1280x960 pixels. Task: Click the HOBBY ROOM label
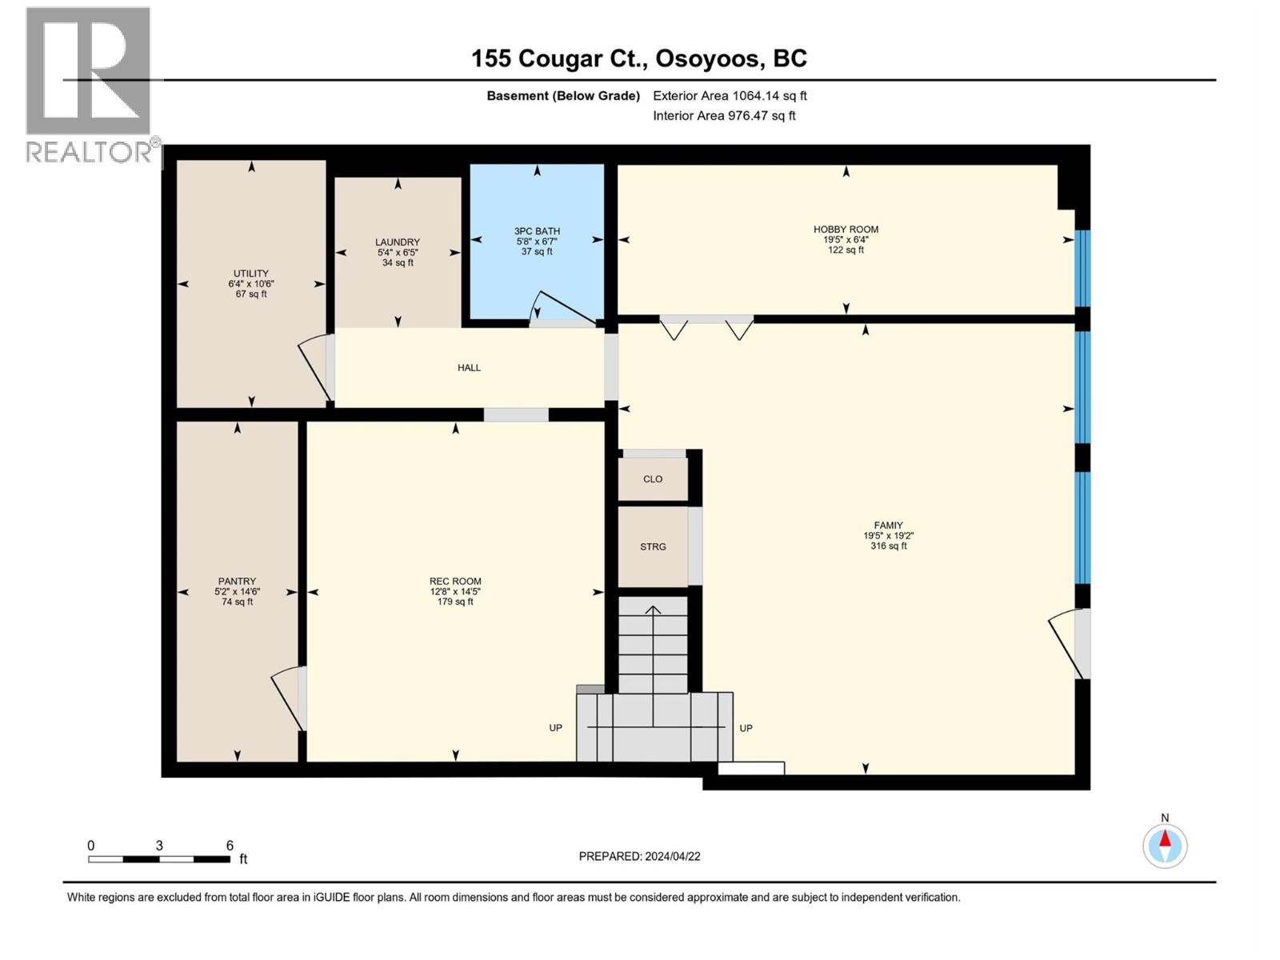[x=846, y=230]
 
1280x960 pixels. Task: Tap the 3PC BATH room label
[x=537, y=231]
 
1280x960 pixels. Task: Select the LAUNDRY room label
[x=398, y=242]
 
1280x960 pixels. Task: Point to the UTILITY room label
[x=251, y=274]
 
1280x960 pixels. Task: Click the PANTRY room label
[x=237, y=582]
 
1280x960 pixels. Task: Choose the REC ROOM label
[x=455, y=582]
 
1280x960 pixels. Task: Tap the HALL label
[x=469, y=368]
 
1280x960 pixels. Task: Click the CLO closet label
[x=653, y=479]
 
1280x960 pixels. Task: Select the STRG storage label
[x=653, y=547]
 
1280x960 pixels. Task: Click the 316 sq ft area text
[x=888, y=546]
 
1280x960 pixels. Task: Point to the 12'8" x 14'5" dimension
[x=455, y=592]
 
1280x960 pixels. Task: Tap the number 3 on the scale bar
[x=159, y=846]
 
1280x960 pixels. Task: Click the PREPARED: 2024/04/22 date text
[x=639, y=856]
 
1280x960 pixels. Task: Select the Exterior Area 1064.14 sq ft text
[x=730, y=96]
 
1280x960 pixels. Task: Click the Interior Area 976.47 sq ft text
[x=724, y=116]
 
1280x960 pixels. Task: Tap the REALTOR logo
[x=90, y=84]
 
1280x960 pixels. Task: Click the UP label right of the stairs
[x=746, y=728]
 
